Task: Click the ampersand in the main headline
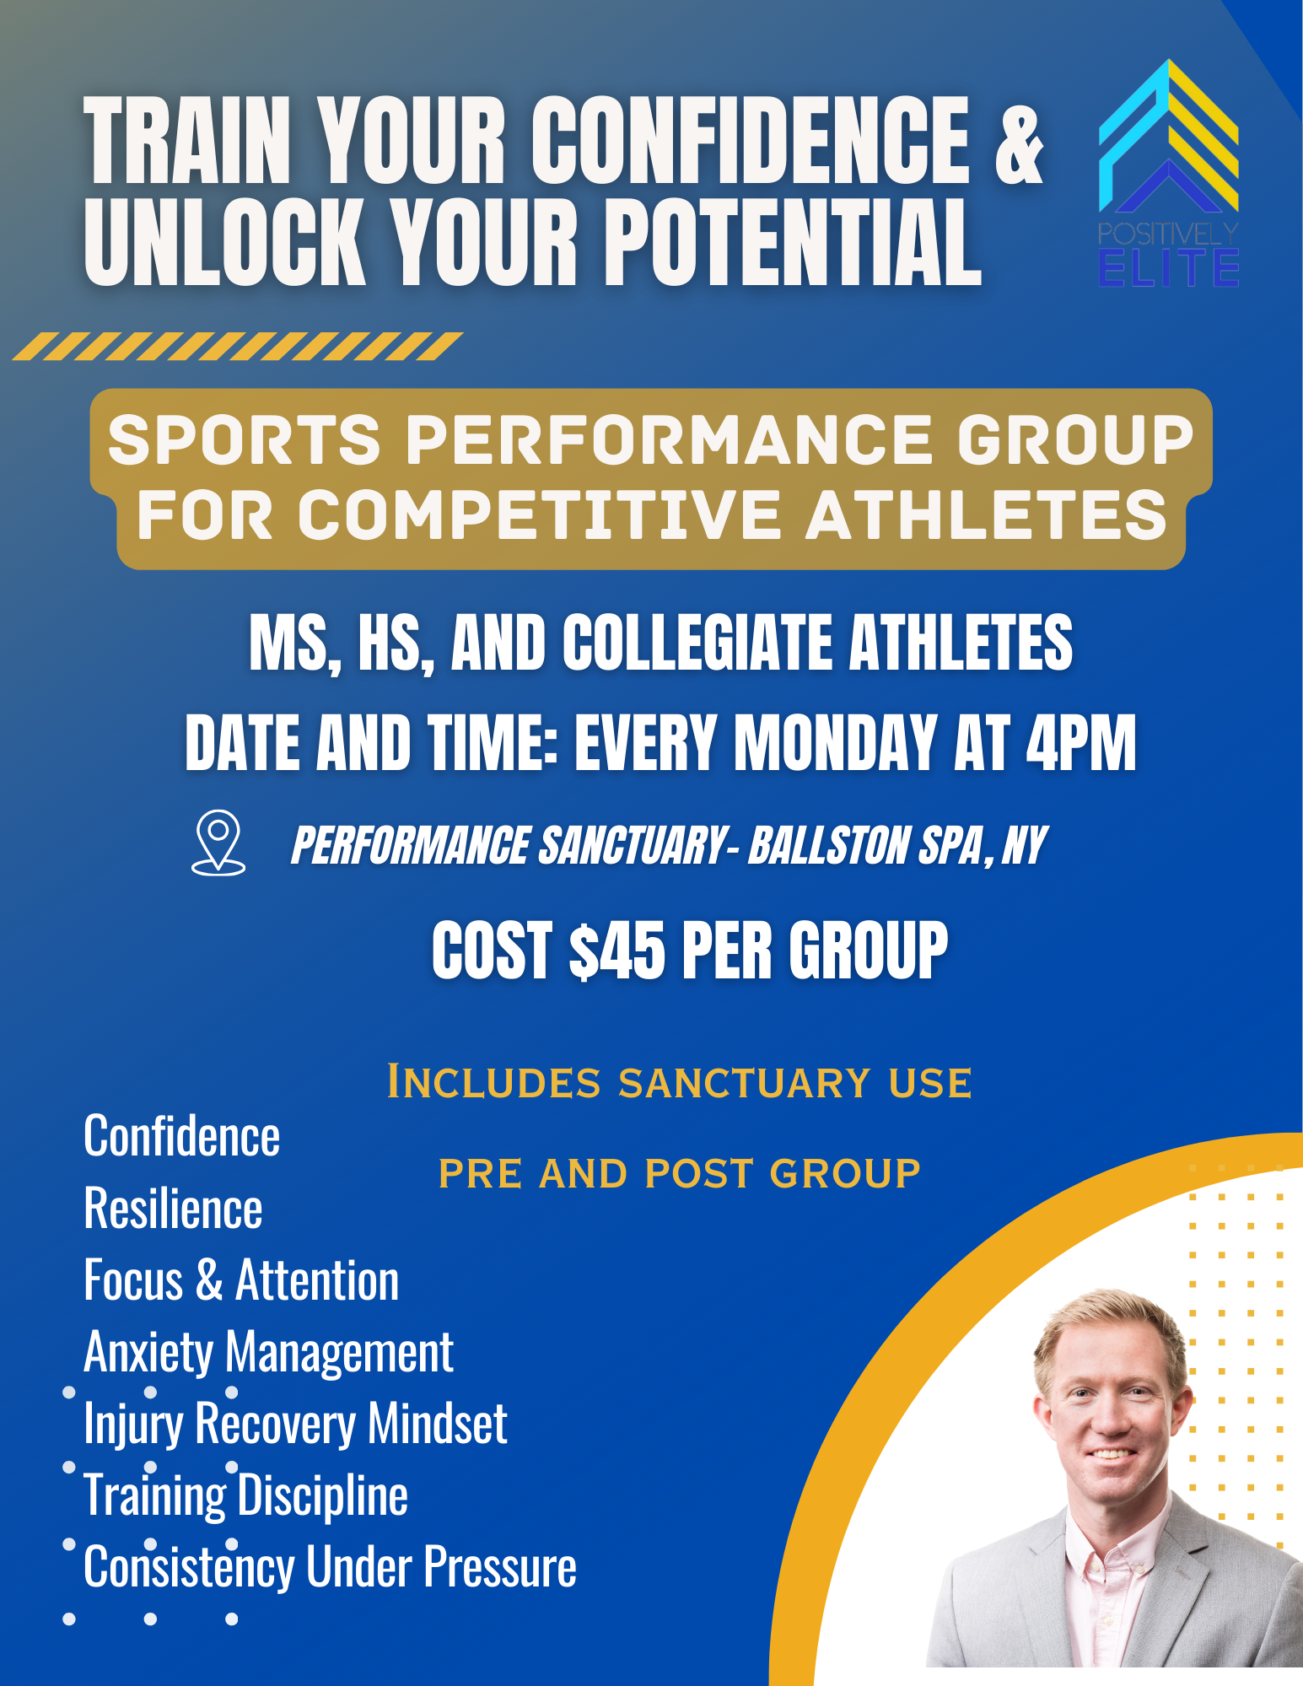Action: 1019,143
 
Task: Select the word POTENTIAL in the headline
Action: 793,243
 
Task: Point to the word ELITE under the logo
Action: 1168,268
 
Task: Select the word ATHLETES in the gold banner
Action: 986,515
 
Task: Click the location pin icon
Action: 218,842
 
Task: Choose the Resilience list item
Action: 173,1209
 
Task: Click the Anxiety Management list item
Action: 268,1352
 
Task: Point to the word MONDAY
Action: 835,743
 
